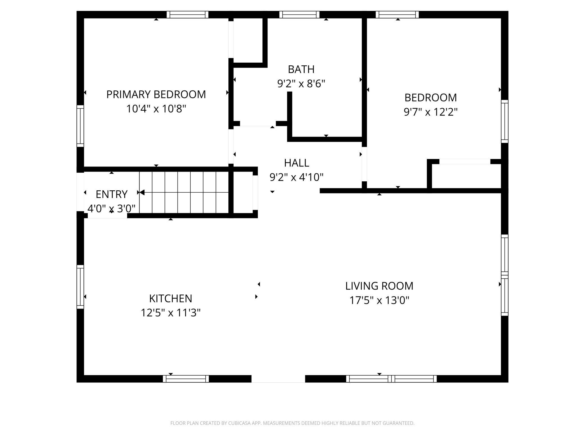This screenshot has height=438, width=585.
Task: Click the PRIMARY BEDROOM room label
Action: pos(156,94)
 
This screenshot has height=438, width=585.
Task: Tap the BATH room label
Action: pos(301,69)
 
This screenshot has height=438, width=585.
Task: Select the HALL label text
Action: pos(296,163)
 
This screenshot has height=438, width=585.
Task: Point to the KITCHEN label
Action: pos(170,298)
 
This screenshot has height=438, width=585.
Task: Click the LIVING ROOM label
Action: pos(379,286)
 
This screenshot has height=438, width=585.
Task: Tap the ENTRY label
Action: pos(111,194)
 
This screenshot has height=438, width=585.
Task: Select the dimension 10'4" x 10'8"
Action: pos(156,109)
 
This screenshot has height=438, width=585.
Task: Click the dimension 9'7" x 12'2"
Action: pos(431,112)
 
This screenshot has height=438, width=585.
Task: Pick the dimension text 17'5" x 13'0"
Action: pos(379,300)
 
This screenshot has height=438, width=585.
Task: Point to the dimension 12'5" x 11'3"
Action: pos(170,312)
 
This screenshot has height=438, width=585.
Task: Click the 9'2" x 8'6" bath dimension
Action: pos(301,84)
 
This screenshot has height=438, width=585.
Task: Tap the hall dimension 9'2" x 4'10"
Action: pos(296,177)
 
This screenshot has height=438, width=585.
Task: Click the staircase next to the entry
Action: pos(184,192)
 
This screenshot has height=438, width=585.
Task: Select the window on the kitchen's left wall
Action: pos(80,287)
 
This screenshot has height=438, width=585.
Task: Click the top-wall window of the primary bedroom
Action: pos(188,15)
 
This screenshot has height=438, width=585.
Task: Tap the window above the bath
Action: pos(300,15)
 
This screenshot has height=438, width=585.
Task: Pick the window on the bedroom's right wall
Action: pos(505,121)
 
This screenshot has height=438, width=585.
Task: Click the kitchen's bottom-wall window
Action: pos(186,379)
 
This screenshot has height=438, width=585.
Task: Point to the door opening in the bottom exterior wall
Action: pos(278,379)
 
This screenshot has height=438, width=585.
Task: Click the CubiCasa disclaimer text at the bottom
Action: pos(292,423)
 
